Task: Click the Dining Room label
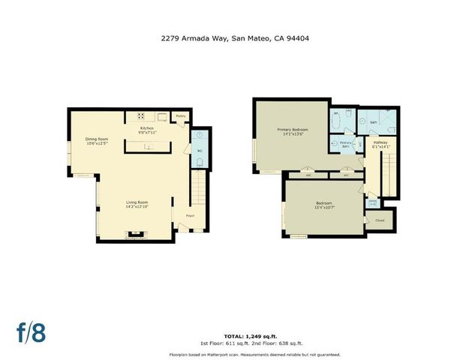tap(97, 138)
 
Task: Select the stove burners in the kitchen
tap(140, 115)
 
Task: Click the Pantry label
tap(180, 116)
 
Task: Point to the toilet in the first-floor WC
tap(200, 160)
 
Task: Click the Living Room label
tap(137, 202)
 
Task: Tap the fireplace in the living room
tap(136, 235)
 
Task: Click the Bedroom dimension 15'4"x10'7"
tap(323, 208)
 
